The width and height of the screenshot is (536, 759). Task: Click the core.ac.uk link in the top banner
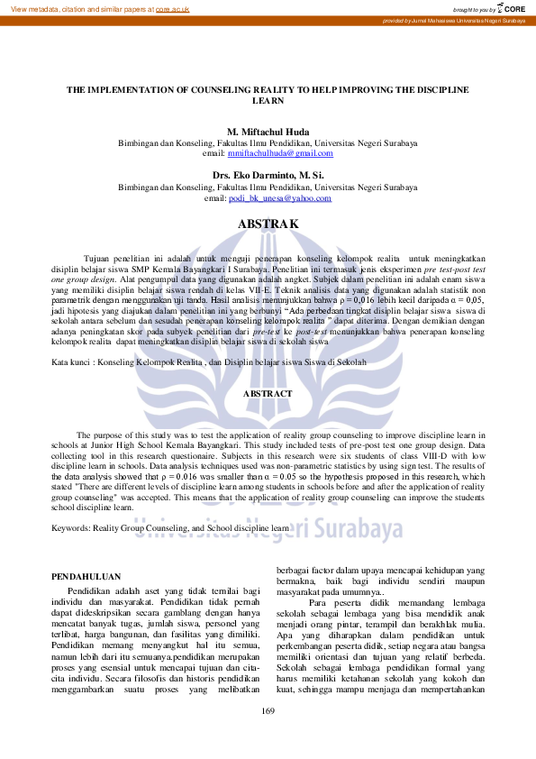click(171, 8)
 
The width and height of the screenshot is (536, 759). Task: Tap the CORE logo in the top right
click(511, 8)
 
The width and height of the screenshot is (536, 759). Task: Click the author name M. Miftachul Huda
click(268, 132)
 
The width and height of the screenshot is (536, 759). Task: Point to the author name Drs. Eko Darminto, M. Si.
click(268, 176)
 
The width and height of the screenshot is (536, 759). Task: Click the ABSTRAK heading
click(268, 223)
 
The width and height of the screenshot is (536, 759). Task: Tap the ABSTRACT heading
click(268, 394)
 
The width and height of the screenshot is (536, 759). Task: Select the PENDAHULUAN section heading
click(86, 575)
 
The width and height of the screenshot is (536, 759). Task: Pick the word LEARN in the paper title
click(268, 102)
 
